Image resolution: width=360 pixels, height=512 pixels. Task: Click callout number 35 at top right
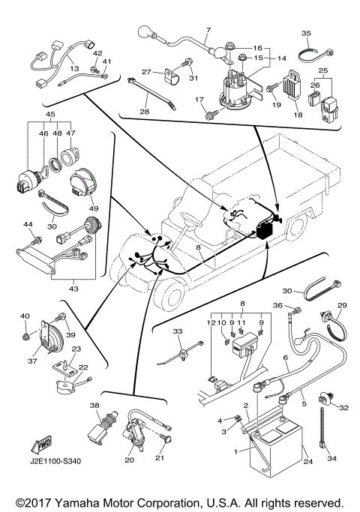pyautogui.click(x=306, y=34)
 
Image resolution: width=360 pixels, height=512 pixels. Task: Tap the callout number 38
pyautogui.click(x=95, y=405)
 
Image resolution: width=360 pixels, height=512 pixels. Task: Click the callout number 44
pyautogui.click(x=28, y=224)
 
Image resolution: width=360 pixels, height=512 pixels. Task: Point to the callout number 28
pyautogui.click(x=145, y=112)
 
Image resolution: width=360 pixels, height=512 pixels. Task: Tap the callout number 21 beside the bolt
pyautogui.click(x=179, y=458)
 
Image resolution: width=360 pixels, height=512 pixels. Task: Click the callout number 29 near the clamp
pyautogui.click(x=343, y=306)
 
